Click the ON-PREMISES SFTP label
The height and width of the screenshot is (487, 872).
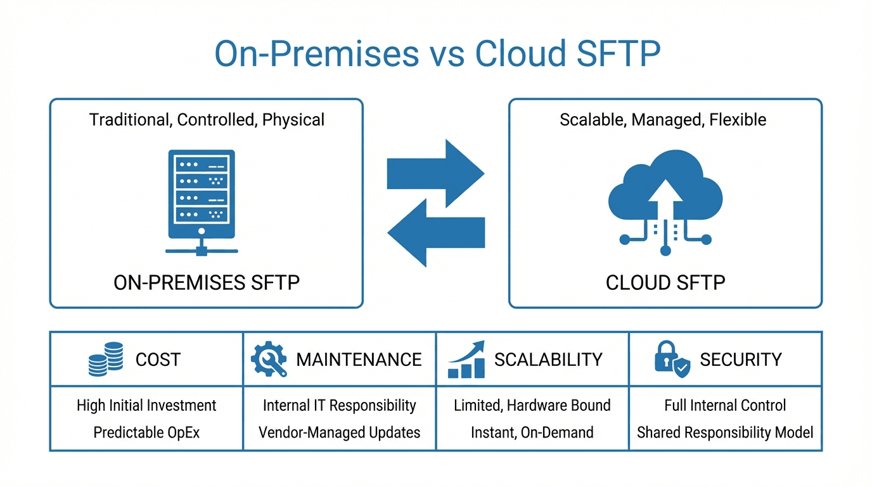pos(207,282)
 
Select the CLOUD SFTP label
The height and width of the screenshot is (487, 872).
pos(665,282)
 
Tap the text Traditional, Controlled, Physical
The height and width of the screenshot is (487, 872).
pos(207,119)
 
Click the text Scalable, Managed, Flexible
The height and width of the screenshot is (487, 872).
pos(663,119)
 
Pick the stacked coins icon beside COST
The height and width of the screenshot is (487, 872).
pos(106,360)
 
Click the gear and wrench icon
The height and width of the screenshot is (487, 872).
pos(269,360)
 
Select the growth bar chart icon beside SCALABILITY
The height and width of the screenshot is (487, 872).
pos(466,360)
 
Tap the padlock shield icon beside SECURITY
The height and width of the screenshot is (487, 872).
pos(670,360)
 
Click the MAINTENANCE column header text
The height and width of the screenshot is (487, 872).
pos(359,360)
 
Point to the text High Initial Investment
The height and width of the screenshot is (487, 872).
pos(146,405)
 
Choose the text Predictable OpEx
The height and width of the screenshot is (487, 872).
pos(146,432)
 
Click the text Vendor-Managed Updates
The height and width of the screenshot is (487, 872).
pos(340,432)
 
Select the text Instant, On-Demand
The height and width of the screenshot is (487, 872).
pos(532,432)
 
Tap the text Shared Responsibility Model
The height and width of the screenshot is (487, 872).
pos(725,432)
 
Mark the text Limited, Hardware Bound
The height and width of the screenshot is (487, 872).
pos(532,405)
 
